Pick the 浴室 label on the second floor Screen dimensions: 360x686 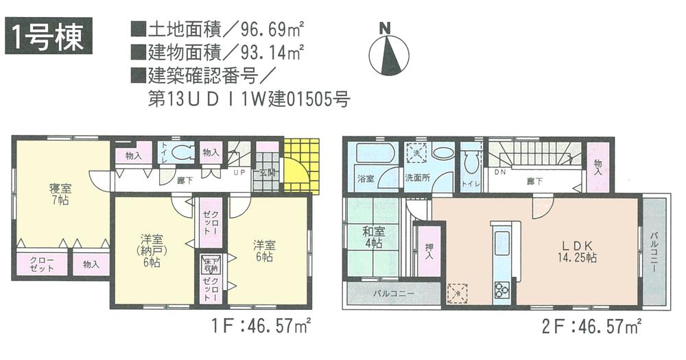[x=366, y=178]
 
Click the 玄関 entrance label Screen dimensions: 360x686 [x=267, y=173]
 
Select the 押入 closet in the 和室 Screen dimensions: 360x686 [x=428, y=254]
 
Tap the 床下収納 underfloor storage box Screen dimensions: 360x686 [x=209, y=263]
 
